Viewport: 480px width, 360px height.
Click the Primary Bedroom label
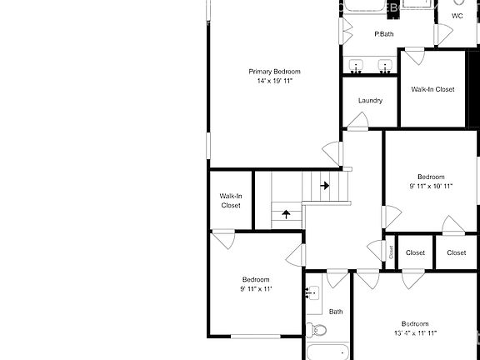tap(274, 72)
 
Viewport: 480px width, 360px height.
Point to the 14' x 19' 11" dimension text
tap(274, 82)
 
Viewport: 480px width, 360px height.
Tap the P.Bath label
tap(383, 34)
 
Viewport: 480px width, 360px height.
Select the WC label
tap(457, 16)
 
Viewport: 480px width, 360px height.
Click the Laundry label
tap(370, 101)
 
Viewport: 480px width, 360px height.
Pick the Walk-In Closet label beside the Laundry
tap(432, 89)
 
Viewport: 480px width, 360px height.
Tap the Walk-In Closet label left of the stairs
tap(231, 201)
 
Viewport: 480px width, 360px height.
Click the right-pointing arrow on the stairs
tap(324, 185)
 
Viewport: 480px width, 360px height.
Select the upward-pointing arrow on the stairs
tap(287, 213)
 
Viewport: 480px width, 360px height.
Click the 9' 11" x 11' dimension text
tap(256, 289)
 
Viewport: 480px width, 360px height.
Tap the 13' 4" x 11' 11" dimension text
tap(414, 333)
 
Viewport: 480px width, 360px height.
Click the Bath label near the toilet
tap(336, 312)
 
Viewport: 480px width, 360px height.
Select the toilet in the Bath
tap(312, 329)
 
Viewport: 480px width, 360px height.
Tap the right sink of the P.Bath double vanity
tap(385, 66)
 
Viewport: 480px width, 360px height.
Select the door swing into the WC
tap(445, 33)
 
